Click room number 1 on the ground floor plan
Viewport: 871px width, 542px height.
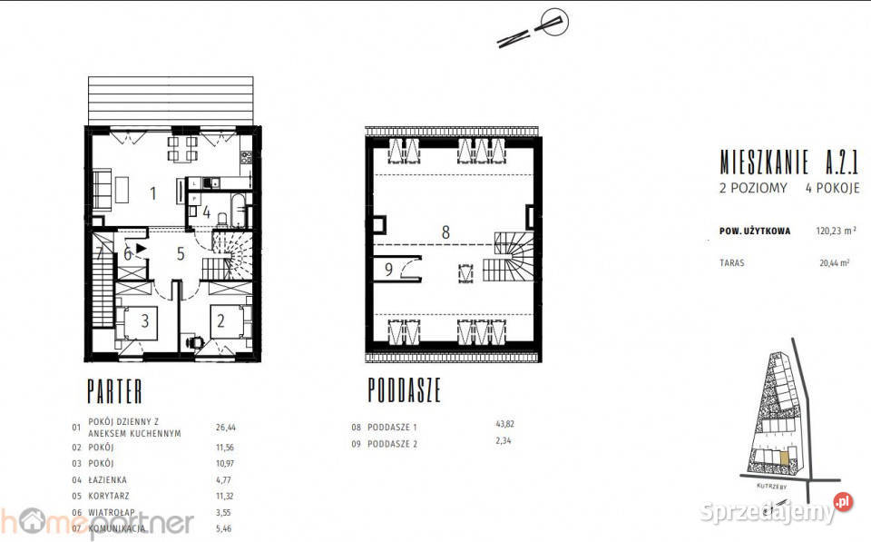tap(153, 192)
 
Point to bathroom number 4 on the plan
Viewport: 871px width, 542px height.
tap(207, 213)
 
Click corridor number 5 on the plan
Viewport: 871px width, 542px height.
tap(181, 254)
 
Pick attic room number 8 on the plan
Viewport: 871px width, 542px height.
tap(445, 232)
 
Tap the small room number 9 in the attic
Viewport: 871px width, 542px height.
tap(388, 269)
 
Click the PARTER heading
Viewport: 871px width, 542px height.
tap(114, 392)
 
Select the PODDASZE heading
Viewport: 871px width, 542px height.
tap(404, 391)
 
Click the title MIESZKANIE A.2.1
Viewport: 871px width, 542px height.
tap(788, 163)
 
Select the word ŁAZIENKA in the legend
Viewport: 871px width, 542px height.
tap(108, 479)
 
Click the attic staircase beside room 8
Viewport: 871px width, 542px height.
tap(509, 257)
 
